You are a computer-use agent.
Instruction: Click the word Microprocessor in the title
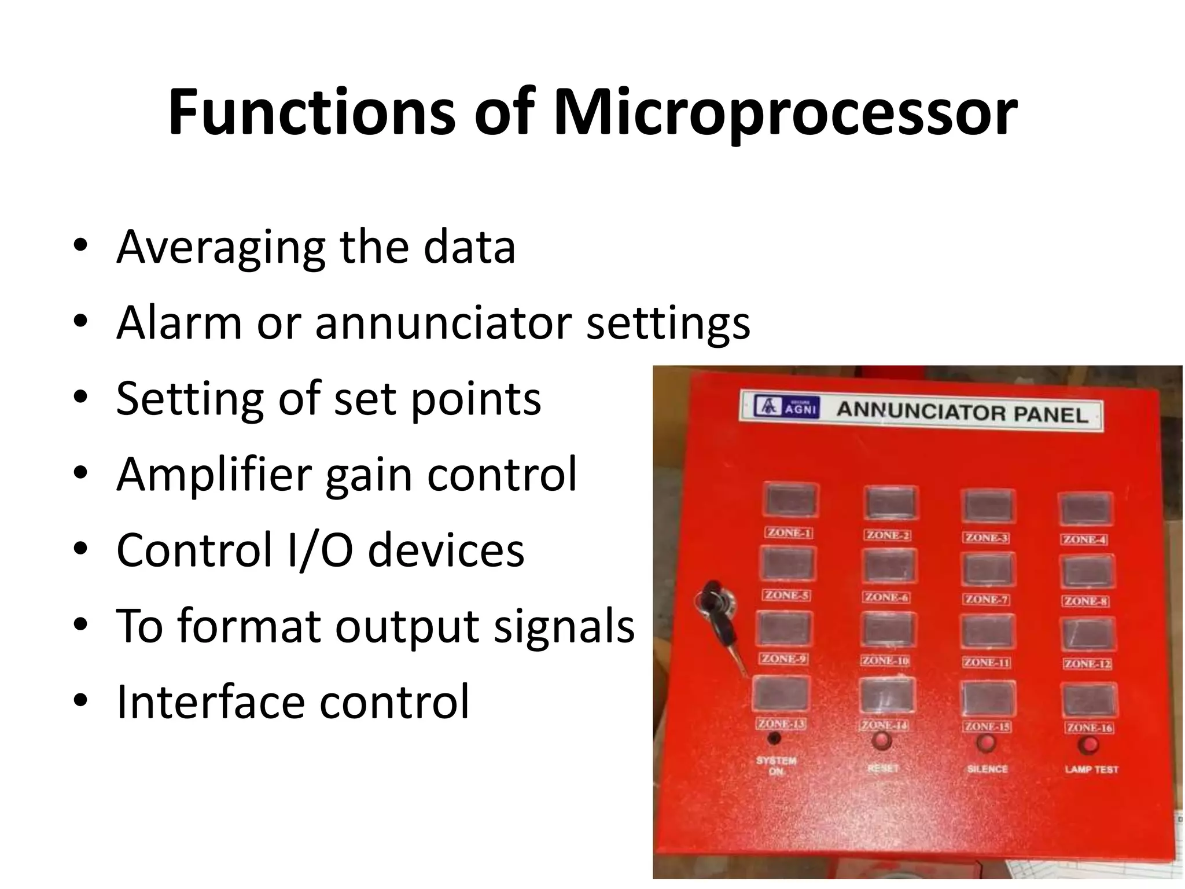(785, 113)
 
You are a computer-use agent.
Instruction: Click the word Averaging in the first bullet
(220, 248)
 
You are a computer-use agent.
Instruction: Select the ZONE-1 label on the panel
(789, 532)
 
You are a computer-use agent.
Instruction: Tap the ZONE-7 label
(986, 599)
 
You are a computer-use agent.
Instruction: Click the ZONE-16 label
(1090, 728)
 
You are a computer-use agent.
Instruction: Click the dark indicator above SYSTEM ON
(774, 738)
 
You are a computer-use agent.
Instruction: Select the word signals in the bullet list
(564, 626)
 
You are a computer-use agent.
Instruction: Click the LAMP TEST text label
(1091, 769)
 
